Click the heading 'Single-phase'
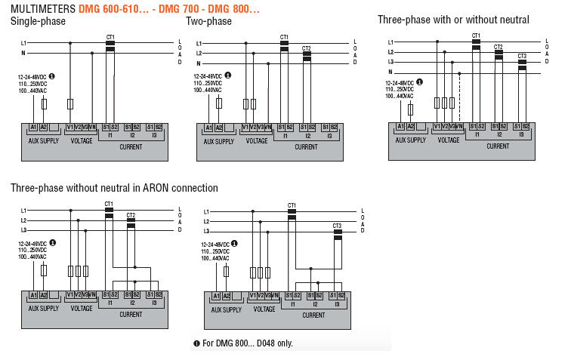click(39, 21)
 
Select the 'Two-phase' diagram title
click(208, 21)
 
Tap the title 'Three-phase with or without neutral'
click(453, 20)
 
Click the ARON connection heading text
click(114, 187)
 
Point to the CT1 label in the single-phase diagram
click(110, 36)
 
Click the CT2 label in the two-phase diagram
click(306, 48)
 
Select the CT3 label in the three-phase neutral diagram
click(522, 56)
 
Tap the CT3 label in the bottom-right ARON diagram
click(337, 226)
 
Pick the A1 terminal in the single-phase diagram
click(34, 128)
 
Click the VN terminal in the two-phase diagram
click(268, 128)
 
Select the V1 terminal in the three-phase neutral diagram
click(437, 126)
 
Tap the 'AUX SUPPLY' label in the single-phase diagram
click(43, 140)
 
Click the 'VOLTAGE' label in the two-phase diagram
click(257, 140)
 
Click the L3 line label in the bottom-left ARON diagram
click(23, 229)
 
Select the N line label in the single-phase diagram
click(23, 53)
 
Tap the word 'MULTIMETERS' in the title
click(43, 9)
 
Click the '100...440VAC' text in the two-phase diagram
click(208, 90)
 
